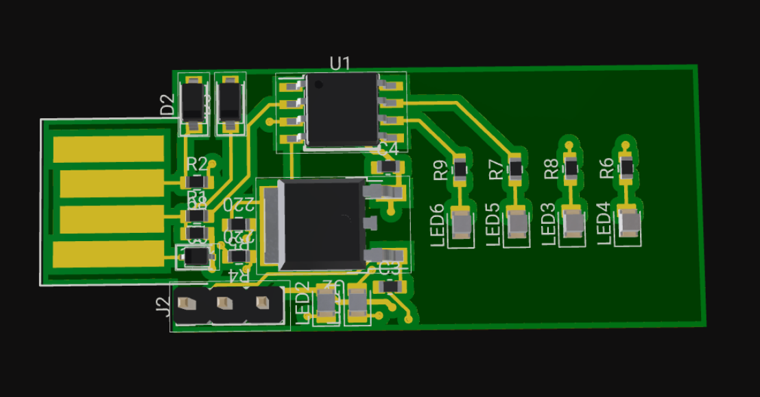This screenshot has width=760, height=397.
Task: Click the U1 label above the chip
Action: (340, 64)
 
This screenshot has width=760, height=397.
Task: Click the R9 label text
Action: (440, 170)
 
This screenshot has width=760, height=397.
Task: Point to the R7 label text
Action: (496, 170)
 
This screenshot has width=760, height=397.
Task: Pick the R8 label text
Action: (551, 169)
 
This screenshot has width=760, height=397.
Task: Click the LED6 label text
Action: (438, 226)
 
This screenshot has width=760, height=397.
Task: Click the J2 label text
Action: (163, 305)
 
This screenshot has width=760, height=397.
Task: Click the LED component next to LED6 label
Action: (462, 223)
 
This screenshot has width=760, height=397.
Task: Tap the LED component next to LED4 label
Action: (629, 222)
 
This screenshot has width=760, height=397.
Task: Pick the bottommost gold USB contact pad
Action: (110, 254)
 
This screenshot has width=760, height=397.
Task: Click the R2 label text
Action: (197, 164)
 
